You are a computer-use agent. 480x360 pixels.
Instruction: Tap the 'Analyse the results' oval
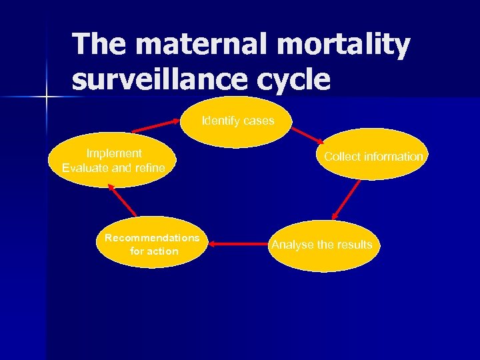coord(322,245)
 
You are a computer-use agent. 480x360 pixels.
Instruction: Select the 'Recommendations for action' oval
coord(152,243)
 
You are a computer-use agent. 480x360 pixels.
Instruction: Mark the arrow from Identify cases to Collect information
coord(308,135)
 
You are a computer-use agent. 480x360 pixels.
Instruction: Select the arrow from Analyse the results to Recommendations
coord(238,245)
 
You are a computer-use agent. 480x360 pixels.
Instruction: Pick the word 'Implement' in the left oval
coord(114,153)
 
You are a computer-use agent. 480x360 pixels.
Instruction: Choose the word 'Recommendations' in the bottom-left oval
coord(152,237)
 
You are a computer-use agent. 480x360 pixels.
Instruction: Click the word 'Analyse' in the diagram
coord(292,245)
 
